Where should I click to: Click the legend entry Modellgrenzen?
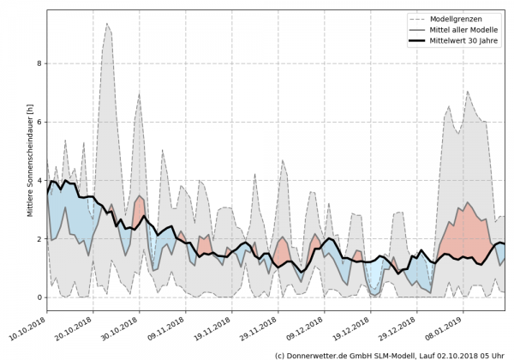(463, 18)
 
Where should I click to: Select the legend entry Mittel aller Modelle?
(467, 29)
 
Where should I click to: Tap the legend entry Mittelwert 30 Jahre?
(467, 40)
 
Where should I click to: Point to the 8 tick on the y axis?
(39, 63)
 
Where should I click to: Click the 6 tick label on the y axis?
(39, 122)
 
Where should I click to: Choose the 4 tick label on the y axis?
(39, 181)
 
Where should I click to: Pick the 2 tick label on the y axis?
(39, 239)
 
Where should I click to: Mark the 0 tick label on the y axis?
(39, 297)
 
